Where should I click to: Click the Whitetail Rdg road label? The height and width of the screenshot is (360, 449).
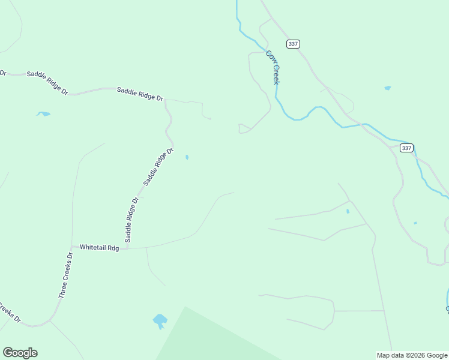click(x=100, y=247)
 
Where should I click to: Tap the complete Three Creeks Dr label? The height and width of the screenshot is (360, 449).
click(x=66, y=275)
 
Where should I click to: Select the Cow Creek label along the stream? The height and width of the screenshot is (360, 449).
click(x=273, y=67)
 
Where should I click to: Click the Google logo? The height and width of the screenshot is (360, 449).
click(x=20, y=353)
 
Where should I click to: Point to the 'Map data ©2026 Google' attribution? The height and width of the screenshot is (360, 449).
click(x=412, y=355)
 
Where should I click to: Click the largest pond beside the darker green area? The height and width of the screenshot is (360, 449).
click(x=160, y=320)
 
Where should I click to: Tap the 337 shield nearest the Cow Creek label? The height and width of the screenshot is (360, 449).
click(x=293, y=44)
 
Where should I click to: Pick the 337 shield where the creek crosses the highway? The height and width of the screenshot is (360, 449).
click(x=406, y=148)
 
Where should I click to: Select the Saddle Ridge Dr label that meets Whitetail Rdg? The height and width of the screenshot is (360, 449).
click(x=132, y=220)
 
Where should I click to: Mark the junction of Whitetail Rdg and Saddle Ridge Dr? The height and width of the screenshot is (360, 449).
click(x=127, y=247)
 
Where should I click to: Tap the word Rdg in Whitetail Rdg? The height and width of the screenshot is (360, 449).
click(x=113, y=247)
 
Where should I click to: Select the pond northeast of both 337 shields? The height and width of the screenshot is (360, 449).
click(x=388, y=88)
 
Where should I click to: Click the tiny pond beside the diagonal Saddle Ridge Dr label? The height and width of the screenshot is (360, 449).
click(x=187, y=157)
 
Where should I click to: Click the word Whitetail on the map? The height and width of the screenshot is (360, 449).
click(x=93, y=247)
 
